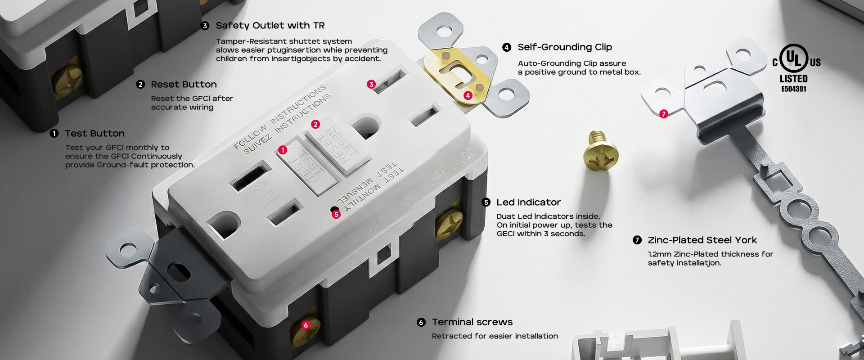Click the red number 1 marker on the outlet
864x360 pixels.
pos(283,150)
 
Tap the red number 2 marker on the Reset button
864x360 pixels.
pos(315,124)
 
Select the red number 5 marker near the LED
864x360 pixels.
pos(336,214)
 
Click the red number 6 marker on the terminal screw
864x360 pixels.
pos(306,325)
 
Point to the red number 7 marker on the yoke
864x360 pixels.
pos(663,114)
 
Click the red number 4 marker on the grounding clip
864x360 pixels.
pos(468,95)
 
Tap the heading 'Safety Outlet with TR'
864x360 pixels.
pos(270,26)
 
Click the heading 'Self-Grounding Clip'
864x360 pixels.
pos(565,47)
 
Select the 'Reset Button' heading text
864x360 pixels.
pos(184,85)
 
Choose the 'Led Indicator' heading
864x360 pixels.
pos(528,202)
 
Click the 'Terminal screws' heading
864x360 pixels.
pos(472,322)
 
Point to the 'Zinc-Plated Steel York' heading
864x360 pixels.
pos(702,240)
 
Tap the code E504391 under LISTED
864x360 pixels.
pos(794,89)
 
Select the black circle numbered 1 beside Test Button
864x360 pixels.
pos(54,134)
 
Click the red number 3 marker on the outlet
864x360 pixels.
pos(371,84)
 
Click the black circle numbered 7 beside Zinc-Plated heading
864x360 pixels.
pos(637,240)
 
